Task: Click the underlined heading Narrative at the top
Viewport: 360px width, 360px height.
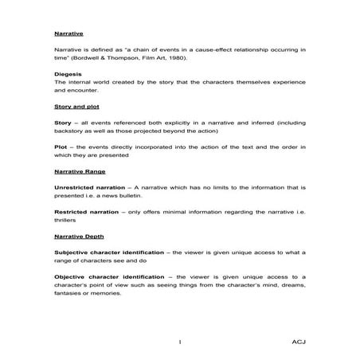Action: pyautogui.click(x=68, y=34)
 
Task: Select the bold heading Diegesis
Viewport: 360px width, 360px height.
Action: pyautogui.click(x=67, y=73)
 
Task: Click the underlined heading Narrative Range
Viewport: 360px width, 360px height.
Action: pyautogui.click(x=80, y=171)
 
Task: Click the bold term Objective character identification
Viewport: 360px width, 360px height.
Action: pyautogui.click(x=107, y=276)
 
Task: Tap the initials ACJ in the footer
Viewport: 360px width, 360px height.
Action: pyautogui.click(x=295, y=341)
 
